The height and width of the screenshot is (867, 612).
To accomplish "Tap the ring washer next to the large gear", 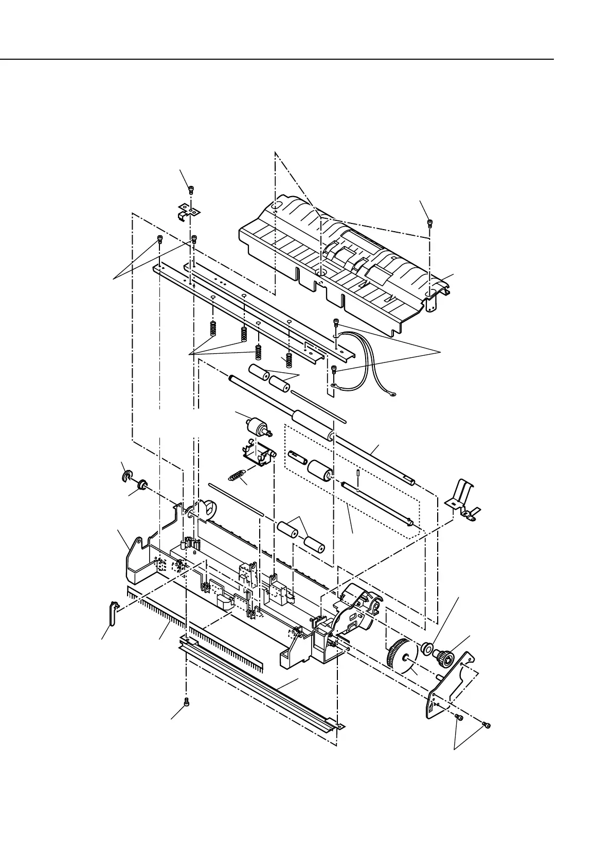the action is coord(426,647).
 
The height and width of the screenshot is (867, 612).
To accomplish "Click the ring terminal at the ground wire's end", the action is coord(392,395).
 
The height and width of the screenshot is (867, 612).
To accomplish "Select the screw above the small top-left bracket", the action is coord(191,189).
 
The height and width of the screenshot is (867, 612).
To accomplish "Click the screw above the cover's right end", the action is coord(429,223).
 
